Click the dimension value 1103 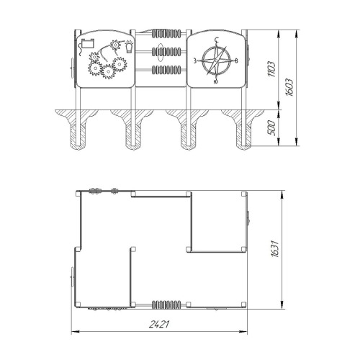[x=272, y=69]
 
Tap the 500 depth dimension [x=272, y=128]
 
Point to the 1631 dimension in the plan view [x=276, y=248]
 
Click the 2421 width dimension [x=159, y=325]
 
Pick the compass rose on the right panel [x=216, y=60]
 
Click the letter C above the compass [x=217, y=40]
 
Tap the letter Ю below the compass [x=216, y=82]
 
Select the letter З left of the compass [x=195, y=60]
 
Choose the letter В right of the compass [x=236, y=60]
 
